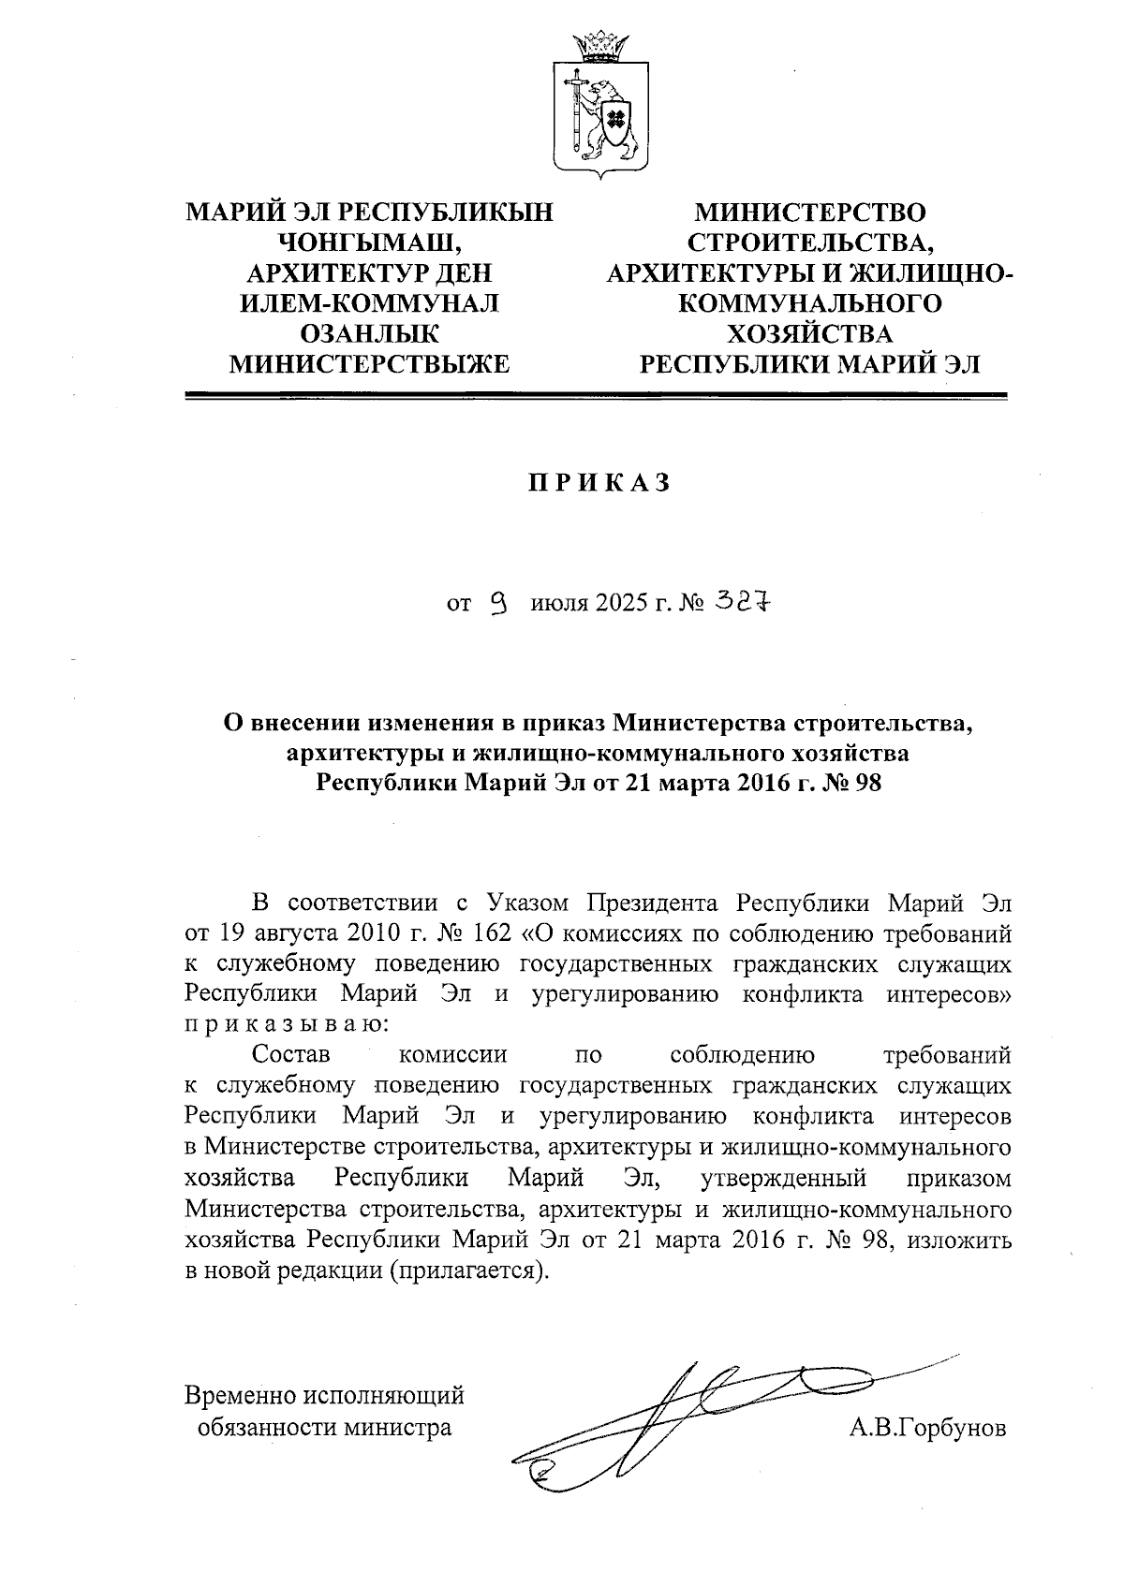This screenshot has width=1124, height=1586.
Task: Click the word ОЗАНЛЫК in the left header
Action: tap(369, 333)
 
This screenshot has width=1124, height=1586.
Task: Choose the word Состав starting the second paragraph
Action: tap(291, 1055)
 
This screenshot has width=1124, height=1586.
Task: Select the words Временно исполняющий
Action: tap(324, 1395)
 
